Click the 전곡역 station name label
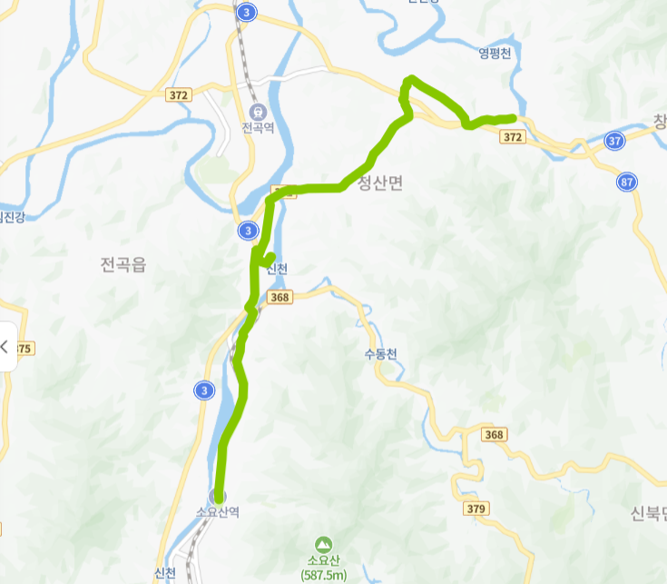click(x=257, y=129)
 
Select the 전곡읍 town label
click(x=123, y=264)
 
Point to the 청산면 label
click(x=380, y=183)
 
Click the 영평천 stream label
click(x=495, y=54)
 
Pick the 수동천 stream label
click(x=379, y=354)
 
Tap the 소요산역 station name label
click(x=218, y=512)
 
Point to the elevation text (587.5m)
click(x=324, y=575)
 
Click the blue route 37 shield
click(x=615, y=141)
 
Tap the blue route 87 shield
click(x=626, y=182)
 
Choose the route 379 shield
click(x=475, y=508)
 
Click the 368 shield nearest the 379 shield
click(x=494, y=435)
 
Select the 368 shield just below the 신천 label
click(x=280, y=297)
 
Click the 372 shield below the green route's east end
click(x=512, y=136)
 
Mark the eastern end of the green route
click(x=514, y=118)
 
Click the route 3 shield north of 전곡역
click(x=247, y=12)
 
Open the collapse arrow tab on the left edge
click(x=7, y=346)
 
